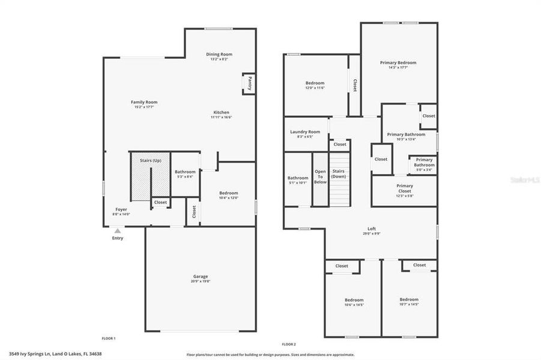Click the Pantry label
tap(249, 83)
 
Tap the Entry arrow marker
tap(118, 230)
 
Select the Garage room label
tap(201, 277)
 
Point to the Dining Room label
tap(219, 54)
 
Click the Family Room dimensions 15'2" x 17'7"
tap(144, 107)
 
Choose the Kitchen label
tap(221, 112)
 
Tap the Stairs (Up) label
tap(151, 161)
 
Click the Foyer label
tap(121, 209)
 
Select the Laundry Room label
tap(305, 131)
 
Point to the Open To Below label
tap(321, 176)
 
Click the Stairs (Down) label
tap(339, 173)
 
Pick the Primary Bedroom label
tap(398, 62)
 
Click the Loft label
tap(372, 229)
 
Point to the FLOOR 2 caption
tap(289, 344)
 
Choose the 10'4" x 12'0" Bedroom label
tap(228, 193)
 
